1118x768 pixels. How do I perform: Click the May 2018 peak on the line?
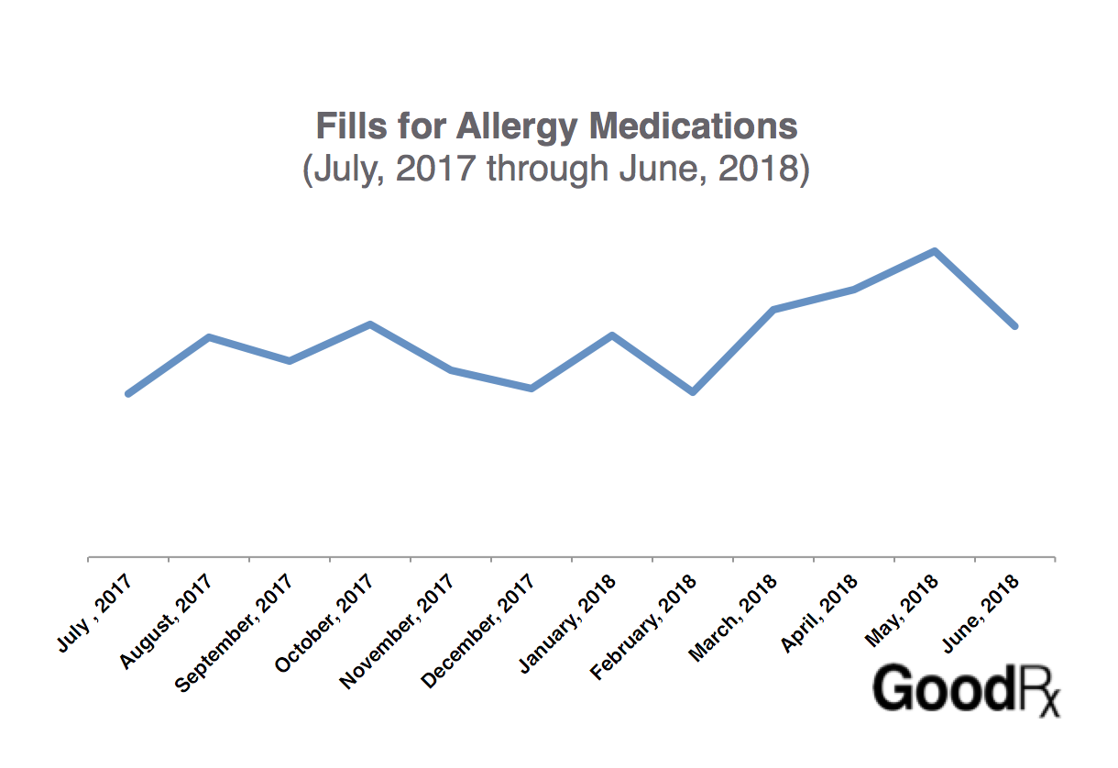(934, 251)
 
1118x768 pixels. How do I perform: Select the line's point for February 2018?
(693, 391)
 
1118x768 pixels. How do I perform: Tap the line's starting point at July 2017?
(128, 393)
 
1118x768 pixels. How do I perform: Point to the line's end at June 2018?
(1014, 325)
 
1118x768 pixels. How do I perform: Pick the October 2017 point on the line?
(369, 324)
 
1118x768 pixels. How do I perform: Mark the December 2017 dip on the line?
(532, 389)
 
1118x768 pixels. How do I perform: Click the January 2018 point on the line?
(612, 335)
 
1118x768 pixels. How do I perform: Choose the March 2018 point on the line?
(773, 310)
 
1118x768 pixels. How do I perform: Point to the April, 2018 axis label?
(819, 611)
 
